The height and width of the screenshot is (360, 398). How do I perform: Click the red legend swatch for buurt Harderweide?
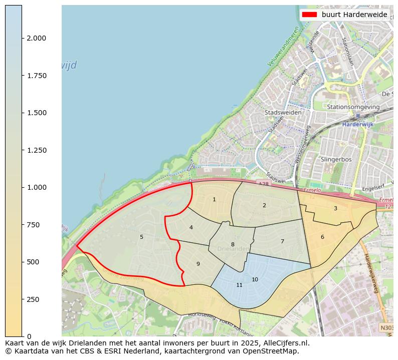(309, 15)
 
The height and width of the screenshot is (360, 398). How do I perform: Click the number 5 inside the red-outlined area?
(141, 237)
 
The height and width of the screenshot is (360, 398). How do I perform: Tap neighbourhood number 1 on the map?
(214, 199)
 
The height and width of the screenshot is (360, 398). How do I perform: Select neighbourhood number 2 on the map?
(264, 205)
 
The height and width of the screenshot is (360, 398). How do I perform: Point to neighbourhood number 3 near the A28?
(335, 208)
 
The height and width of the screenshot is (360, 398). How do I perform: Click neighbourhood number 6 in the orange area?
(322, 237)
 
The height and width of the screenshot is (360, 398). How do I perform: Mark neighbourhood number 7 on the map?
(282, 241)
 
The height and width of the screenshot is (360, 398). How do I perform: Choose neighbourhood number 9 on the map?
(198, 264)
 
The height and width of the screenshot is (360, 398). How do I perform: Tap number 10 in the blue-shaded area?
(255, 279)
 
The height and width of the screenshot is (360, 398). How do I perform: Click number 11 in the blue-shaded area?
(239, 285)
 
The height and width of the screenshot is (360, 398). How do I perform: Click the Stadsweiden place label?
(283, 113)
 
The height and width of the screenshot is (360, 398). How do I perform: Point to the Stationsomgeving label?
(353, 107)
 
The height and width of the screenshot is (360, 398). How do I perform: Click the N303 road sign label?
(386, 328)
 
